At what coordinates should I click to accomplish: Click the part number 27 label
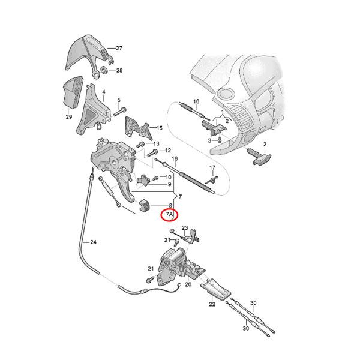[x=119, y=47]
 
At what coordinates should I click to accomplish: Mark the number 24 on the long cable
[x=93, y=242]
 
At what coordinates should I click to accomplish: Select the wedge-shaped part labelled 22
[x=214, y=291]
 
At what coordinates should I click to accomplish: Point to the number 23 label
[x=185, y=228]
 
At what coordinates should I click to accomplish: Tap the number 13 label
[x=155, y=144]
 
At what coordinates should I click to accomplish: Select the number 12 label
[x=169, y=150]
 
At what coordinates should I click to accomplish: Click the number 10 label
[x=169, y=177]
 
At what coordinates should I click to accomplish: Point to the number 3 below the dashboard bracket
[x=210, y=139]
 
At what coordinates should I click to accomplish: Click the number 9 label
[x=170, y=184]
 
